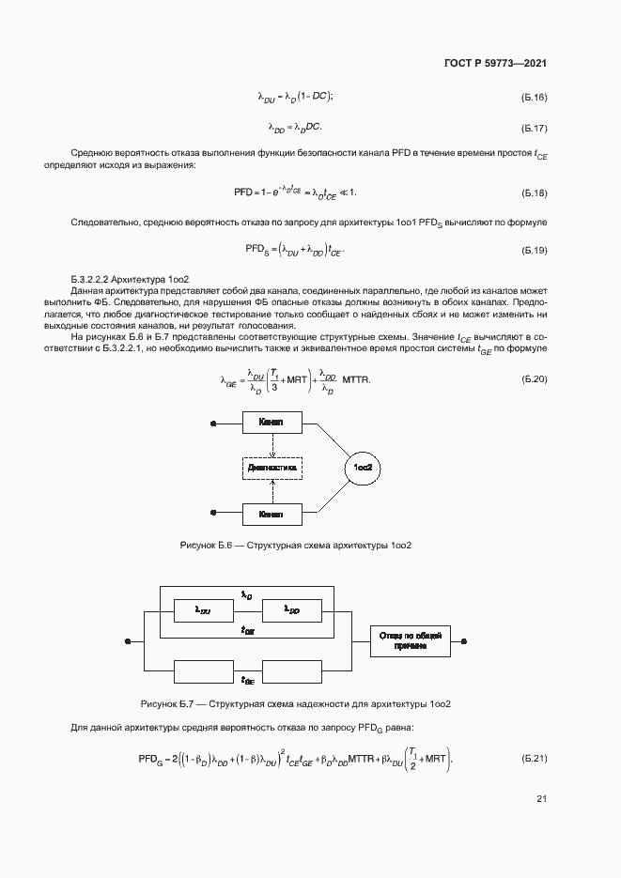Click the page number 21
click(541, 799)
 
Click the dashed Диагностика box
click(272, 467)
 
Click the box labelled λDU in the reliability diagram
click(202, 611)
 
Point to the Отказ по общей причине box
click(411, 642)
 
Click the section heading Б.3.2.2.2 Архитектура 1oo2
click(132, 280)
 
